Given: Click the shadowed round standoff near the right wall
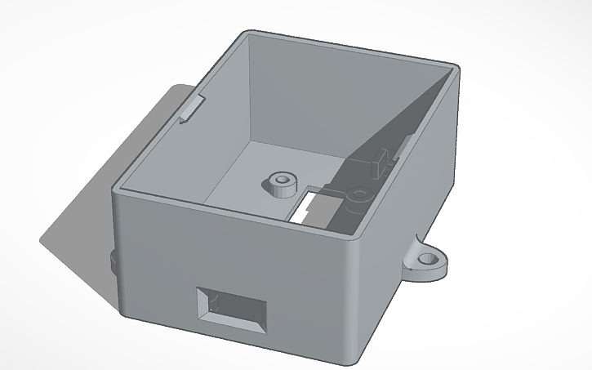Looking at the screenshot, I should pos(358,196).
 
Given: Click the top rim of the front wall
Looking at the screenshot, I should pos(237,214).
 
